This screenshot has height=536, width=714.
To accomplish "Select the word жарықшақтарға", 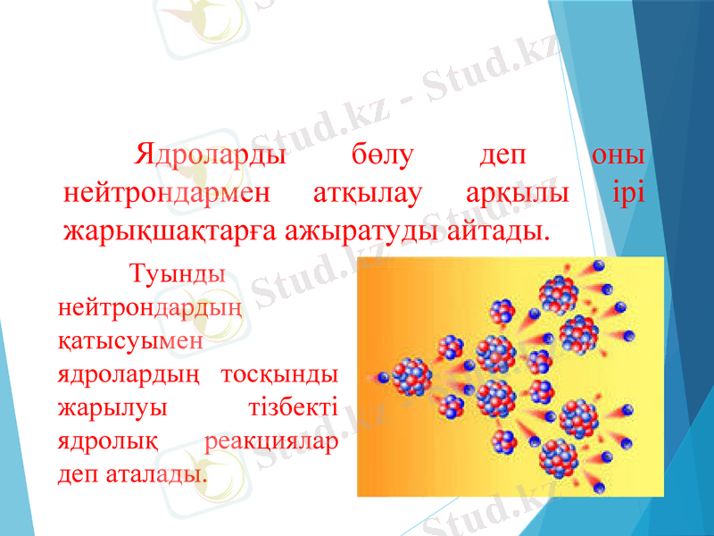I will (x=169, y=232).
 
